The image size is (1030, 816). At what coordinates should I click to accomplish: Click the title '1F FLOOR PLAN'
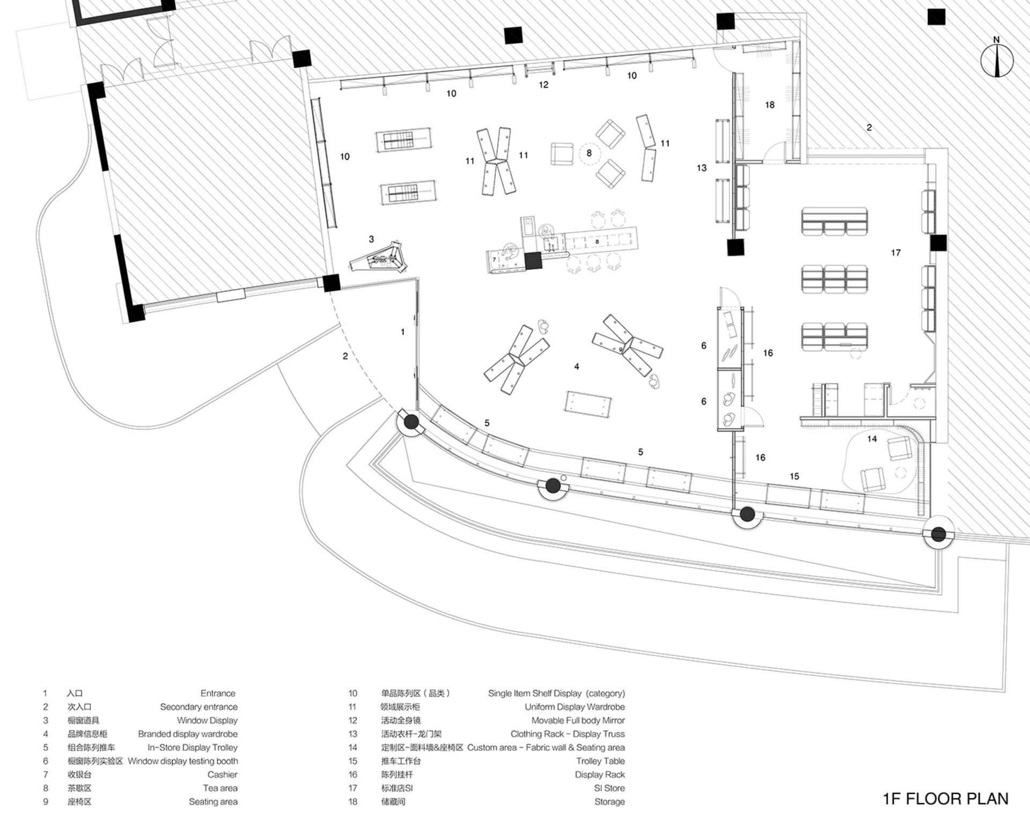tap(945, 799)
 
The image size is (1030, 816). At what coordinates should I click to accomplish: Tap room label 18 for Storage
tap(770, 105)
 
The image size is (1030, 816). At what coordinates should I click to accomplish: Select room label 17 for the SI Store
tap(896, 253)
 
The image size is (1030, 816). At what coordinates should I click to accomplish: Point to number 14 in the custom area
tap(872, 439)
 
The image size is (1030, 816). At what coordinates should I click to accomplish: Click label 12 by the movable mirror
tap(543, 85)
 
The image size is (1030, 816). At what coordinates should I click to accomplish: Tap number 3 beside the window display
tap(371, 239)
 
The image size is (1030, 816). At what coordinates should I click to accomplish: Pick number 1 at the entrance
tap(403, 332)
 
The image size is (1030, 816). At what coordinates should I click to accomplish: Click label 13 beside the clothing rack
tap(702, 168)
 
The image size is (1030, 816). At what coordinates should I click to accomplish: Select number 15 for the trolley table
tap(794, 476)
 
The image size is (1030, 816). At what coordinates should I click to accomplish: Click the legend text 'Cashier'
tap(222, 775)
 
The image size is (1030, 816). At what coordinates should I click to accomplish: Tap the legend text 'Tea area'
tap(220, 788)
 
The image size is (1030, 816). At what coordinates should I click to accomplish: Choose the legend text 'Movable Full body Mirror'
tap(578, 721)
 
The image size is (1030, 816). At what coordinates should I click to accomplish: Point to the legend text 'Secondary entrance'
tap(198, 707)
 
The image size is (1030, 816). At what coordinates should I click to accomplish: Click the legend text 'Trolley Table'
tap(600, 761)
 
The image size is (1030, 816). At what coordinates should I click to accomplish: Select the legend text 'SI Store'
tap(609, 788)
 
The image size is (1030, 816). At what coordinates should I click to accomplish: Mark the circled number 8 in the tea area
tap(589, 153)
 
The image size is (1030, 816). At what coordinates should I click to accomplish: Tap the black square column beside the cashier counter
tap(533, 261)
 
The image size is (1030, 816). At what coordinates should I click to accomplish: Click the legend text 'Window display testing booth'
tap(183, 761)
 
